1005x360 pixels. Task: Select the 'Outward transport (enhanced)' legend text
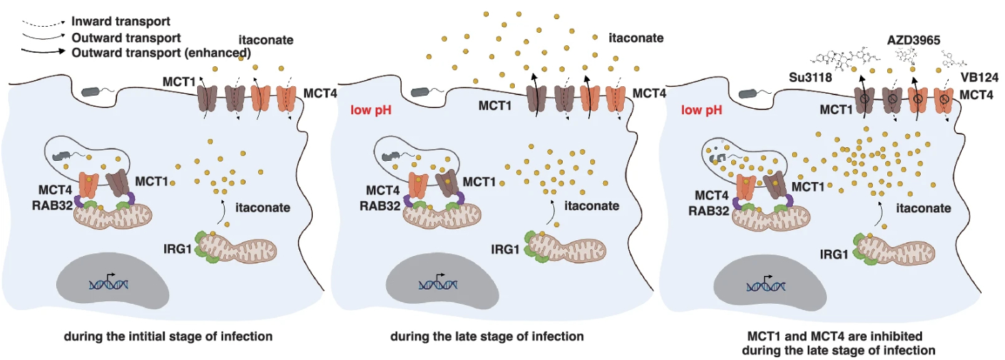pyautogui.click(x=161, y=51)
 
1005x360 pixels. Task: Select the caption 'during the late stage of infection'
pyautogui.click(x=487, y=337)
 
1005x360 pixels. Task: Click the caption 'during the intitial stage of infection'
pyautogui.click(x=168, y=337)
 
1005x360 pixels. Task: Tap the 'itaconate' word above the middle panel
pyautogui.click(x=636, y=38)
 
